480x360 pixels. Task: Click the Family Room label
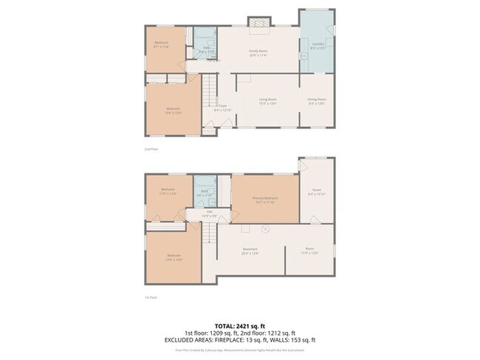(x=257, y=51)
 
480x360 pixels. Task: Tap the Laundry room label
(x=315, y=45)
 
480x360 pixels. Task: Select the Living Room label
(x=267, y=100)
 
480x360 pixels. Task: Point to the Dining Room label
(x=317, y=100)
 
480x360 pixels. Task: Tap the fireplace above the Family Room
(x=257, y=24)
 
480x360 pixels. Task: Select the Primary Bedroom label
(x=266, y=199)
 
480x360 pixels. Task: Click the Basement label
(x=249, y=249)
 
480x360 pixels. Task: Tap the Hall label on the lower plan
(x=210, y=212)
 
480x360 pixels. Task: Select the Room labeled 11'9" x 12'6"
(x=309, y=249)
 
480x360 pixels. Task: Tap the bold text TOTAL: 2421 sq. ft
(x=240, y=325)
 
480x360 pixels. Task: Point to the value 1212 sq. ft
(x=280, y=332)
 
